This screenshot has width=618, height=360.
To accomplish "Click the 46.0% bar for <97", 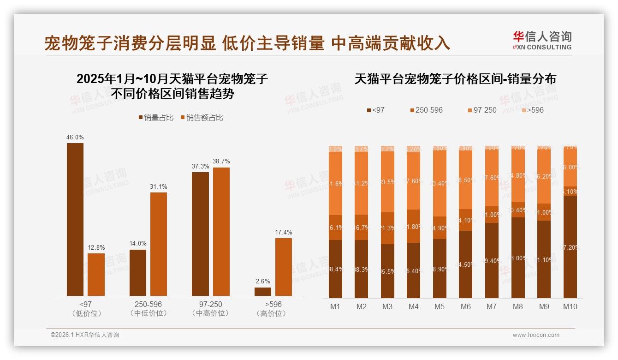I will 75,219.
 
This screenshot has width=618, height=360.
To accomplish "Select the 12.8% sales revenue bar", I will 96,275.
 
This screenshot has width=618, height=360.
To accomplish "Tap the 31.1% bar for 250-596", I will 159,244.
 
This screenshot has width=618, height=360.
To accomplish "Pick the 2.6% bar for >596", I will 263,292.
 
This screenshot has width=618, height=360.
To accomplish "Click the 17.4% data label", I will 284,233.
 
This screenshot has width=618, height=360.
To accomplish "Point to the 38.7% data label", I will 221,162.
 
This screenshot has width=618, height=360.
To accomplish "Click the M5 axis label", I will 440,307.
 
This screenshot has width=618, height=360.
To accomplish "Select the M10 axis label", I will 570,307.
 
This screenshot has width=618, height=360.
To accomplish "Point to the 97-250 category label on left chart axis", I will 210,305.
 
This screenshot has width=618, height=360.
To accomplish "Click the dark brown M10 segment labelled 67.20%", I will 570,247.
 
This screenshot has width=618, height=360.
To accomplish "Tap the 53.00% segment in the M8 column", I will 518,258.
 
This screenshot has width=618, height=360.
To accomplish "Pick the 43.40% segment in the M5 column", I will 440,184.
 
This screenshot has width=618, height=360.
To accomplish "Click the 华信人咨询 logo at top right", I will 542,40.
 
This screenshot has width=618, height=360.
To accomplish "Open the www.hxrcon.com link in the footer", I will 536,335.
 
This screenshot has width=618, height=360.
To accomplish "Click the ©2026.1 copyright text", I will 85,335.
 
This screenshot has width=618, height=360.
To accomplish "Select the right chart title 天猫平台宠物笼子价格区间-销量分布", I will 455,79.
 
